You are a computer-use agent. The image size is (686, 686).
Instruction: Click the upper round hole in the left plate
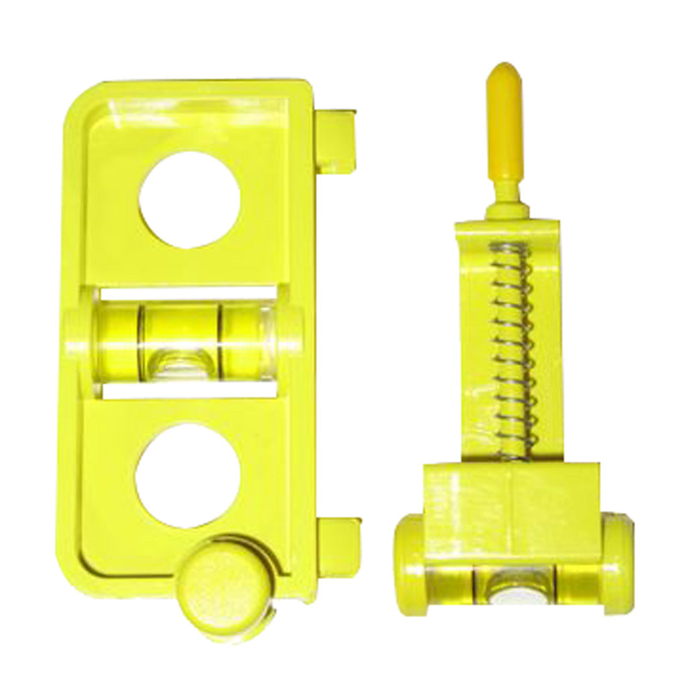pos(189,200)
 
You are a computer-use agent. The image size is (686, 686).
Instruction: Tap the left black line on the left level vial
pos(141,338)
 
